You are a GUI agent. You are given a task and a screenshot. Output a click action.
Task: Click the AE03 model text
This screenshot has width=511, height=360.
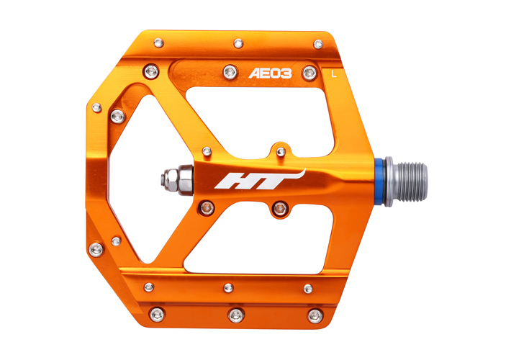click(x=270, y=73)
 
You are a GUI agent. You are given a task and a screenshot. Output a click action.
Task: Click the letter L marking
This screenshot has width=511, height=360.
click(x=333, y=74)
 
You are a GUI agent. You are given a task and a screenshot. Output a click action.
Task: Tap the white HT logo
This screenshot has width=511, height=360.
click(x=260, y=179)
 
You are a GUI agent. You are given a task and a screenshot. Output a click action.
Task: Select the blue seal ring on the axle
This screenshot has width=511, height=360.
click(x=379, y=181)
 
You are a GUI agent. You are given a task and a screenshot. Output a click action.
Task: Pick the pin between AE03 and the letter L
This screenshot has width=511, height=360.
click(x=309, y=73)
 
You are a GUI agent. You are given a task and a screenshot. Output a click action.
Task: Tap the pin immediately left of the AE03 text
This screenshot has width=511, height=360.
click(x=230, y=72)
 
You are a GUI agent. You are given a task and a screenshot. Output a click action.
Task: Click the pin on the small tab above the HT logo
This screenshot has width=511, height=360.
click(x=281, y=152)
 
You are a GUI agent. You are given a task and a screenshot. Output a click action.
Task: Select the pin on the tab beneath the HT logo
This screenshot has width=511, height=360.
click(x=280, y=208)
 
